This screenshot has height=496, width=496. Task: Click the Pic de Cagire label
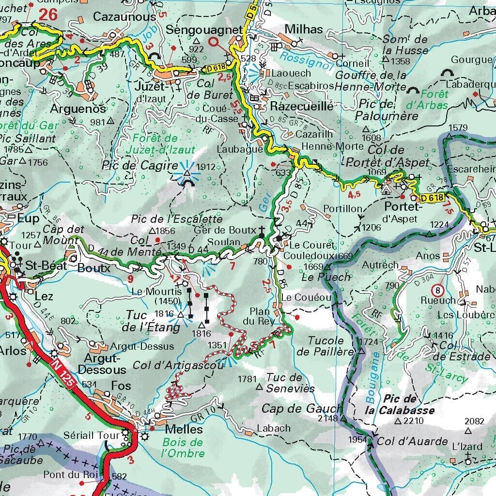click(x=140, y=166)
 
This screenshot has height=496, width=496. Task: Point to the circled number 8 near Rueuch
click(x=438, y=290)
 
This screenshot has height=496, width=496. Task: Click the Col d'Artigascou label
click(x=178, y=365)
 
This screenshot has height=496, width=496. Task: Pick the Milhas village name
click(x=303, y=29)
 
